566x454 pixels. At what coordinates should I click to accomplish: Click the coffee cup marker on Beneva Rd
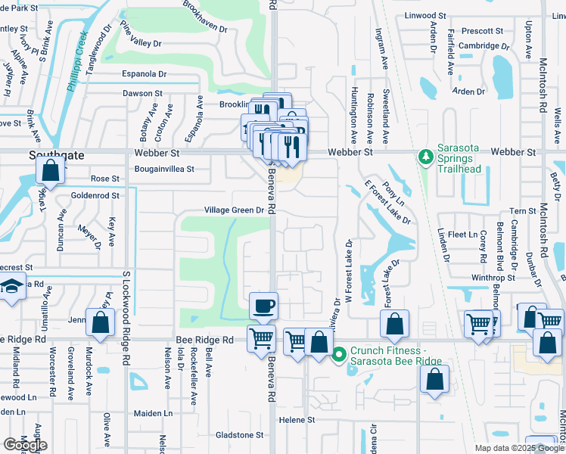tap(263, 306)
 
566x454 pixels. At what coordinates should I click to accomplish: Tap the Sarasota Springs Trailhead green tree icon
tap(425, 157)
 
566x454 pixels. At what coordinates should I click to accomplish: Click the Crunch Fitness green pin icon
tap(339, 352)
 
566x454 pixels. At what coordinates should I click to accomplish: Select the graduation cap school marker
tap(12, 288)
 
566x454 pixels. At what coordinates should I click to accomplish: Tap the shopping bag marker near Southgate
tap(49, 171)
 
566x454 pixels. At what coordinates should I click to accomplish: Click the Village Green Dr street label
tap(234, 211)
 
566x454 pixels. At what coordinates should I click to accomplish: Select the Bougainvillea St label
tap(164, 169)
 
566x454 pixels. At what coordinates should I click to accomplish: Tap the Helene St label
tap(297, 419)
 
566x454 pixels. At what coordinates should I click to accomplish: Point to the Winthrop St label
tap(493, 278)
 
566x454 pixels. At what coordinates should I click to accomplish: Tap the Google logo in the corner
tap(24, 444)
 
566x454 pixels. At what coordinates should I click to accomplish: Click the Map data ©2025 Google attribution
tap(518, 448)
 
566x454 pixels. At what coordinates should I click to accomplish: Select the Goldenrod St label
tap(95, 195)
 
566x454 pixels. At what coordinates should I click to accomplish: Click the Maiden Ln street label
tap(154, 413)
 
